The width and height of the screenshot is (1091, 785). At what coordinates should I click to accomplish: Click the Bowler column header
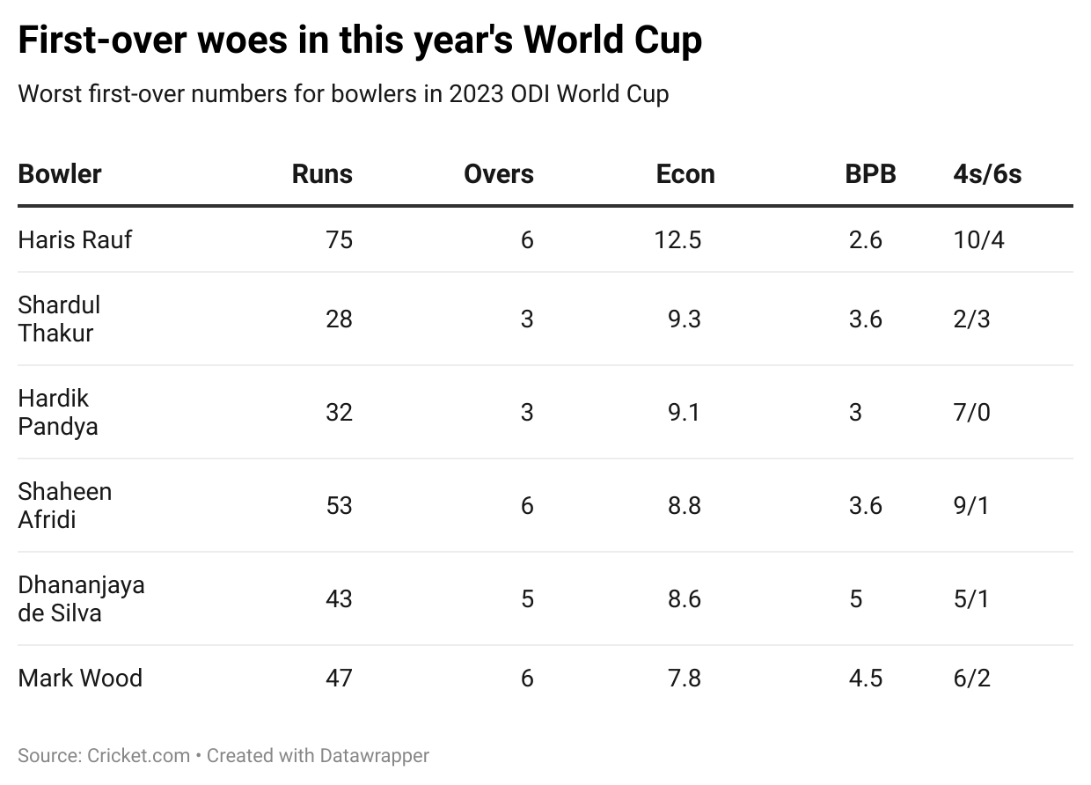60,173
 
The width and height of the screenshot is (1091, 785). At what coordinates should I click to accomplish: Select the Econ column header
685,173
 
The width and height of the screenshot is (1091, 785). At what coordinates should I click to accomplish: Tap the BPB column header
870,173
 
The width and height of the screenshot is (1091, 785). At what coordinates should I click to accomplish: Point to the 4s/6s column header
987,173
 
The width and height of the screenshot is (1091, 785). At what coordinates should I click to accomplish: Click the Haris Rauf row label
75,239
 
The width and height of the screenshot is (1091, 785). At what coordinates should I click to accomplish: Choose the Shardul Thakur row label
59,319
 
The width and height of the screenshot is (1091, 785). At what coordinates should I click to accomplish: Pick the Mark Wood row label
80,678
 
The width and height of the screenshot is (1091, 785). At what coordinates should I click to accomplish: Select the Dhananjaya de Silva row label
81,598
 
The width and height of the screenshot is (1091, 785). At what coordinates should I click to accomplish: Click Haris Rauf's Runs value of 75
339,239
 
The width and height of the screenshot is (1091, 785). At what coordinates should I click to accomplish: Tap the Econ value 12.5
677,239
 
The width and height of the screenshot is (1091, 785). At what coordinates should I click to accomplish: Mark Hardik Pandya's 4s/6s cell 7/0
971,412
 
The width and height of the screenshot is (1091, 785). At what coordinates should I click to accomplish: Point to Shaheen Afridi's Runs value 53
339,505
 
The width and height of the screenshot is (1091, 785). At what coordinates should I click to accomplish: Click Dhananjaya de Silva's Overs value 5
527,598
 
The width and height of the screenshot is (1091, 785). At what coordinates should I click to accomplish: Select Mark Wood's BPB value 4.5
865,678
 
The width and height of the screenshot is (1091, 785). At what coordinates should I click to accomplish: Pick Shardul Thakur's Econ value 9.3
684,319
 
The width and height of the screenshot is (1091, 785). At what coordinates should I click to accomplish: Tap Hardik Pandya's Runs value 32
339,412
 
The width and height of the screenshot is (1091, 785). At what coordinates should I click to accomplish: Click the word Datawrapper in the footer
375,755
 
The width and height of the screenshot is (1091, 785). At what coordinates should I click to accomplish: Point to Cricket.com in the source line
139,755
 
